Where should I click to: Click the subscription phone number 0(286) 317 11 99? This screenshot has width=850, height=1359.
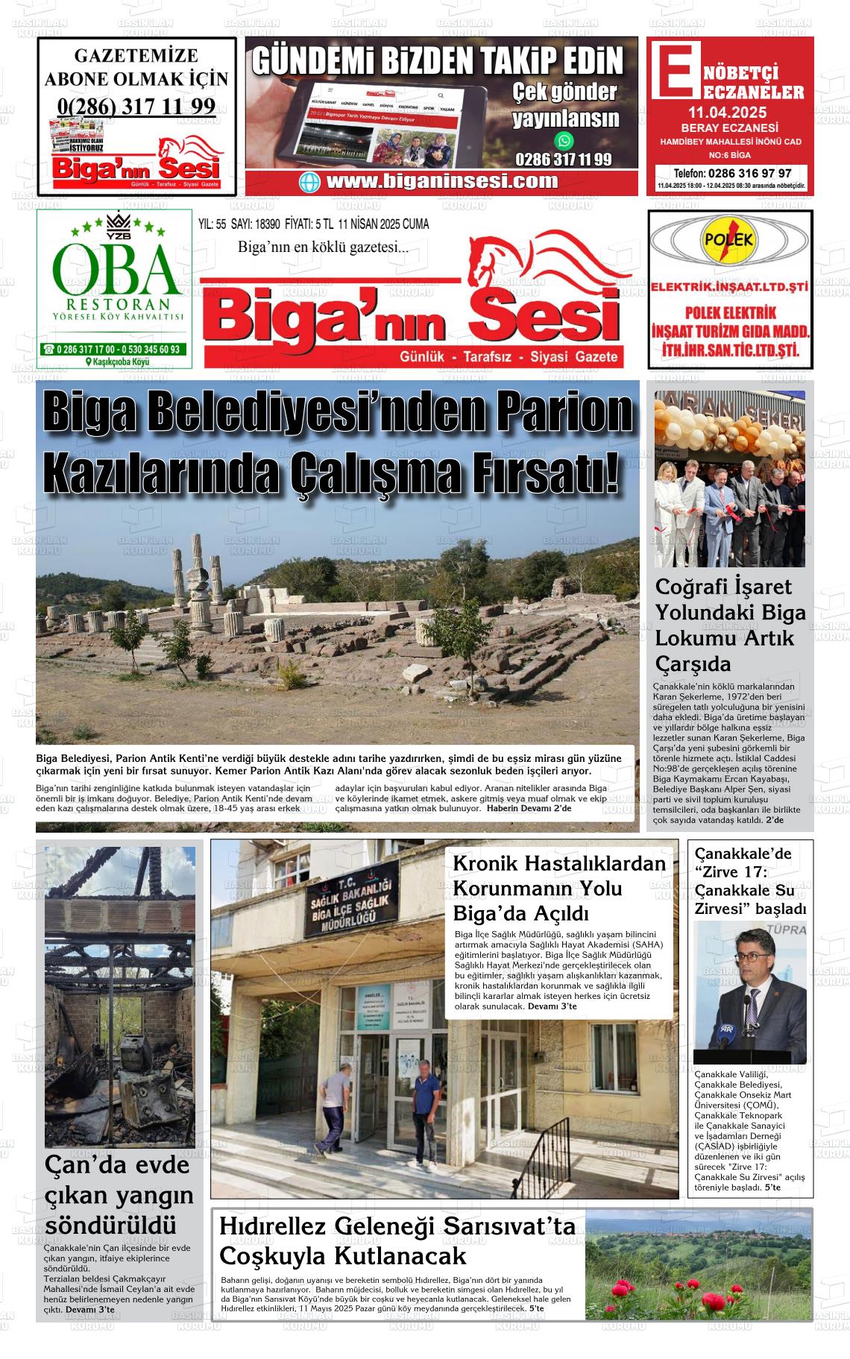click(x=136, y=106)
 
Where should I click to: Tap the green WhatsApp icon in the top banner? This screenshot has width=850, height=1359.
click(x=564, y=140)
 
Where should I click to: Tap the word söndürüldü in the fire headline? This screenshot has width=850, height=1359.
click(x=111, y=1225)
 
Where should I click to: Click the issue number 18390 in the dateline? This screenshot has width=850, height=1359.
click(x=267, y=224)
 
